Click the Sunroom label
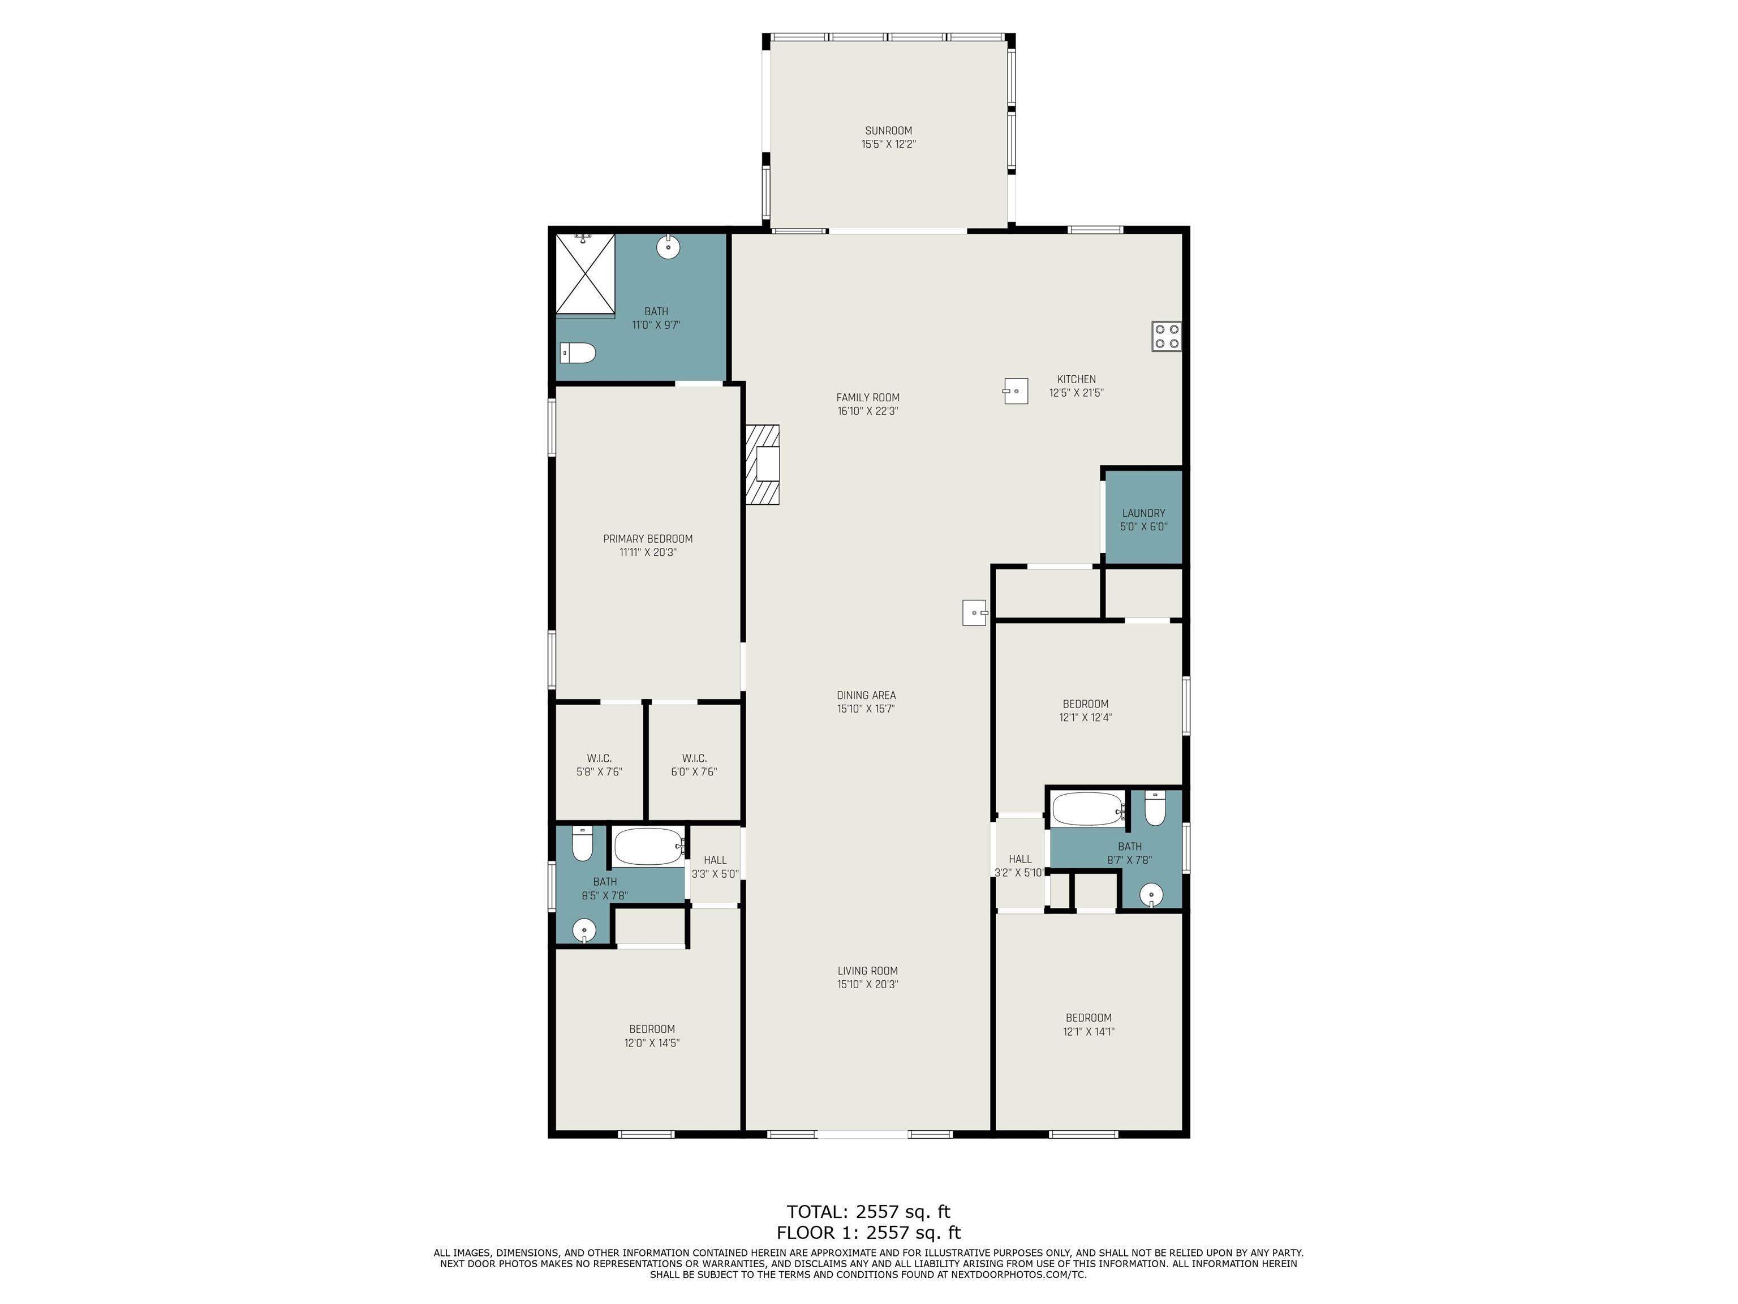889,138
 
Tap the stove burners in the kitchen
1167,336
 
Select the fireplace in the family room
762,465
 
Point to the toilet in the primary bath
578,353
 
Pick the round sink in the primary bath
668,247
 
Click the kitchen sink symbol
1015,391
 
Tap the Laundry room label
1143,520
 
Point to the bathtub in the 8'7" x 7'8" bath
1088,809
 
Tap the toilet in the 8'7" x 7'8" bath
1154,809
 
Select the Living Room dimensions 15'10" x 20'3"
867,984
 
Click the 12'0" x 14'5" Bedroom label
651,1036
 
